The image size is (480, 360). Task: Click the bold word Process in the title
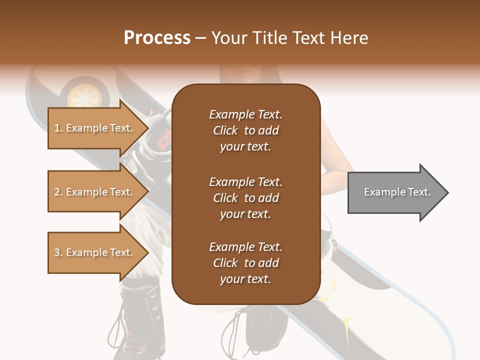[157, 38]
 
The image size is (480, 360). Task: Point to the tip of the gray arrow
[447, 192]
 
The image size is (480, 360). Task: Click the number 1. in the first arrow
[58, 128]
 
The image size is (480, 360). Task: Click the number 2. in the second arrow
[58, 192]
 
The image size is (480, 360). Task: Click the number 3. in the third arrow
[58, 252]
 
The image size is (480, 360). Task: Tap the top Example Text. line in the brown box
[245, 114]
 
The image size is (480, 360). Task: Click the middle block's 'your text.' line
[245, 214]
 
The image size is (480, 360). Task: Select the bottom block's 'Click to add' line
[245, 263]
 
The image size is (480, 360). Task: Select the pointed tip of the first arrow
[148, 128]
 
